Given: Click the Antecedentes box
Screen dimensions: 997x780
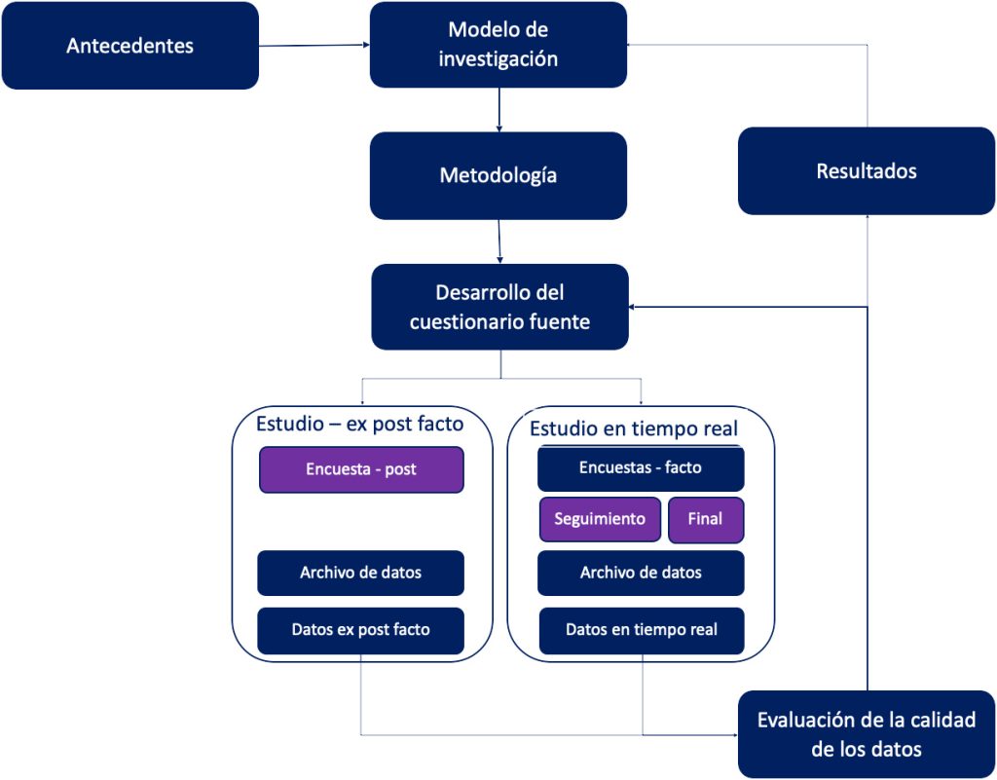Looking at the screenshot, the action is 130,46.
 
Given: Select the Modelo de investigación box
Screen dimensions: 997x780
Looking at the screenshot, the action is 498,45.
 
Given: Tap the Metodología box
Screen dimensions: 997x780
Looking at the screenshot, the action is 498,175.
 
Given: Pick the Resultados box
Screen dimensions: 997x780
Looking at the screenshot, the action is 866,171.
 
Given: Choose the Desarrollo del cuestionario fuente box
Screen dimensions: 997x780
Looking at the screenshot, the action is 499,307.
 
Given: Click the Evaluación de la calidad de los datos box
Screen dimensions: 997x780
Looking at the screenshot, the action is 866,734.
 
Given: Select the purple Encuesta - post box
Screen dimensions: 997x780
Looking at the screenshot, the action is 361,469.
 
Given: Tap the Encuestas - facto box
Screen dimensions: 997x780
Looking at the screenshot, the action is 641,468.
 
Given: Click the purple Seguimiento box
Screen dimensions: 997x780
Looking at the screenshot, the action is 600,519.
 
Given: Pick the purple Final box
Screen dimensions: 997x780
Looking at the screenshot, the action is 706,520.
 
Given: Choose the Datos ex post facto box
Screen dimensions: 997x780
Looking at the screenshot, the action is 360,631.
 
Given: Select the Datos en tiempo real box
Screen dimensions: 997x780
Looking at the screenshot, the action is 642,631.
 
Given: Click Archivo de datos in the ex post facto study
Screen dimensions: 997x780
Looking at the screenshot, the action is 360,573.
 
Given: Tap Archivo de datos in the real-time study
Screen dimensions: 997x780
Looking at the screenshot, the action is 641,573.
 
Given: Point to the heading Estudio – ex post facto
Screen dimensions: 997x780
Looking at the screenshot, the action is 360,424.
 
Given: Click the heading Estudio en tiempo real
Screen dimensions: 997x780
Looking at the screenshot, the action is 634,427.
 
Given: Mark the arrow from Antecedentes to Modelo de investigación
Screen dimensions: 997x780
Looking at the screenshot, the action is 314,45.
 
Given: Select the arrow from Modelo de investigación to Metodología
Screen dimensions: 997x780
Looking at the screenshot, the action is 499,110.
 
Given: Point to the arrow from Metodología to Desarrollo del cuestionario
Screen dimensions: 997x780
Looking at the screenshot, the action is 499,241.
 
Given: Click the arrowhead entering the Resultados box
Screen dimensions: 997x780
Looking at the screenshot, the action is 868,218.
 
